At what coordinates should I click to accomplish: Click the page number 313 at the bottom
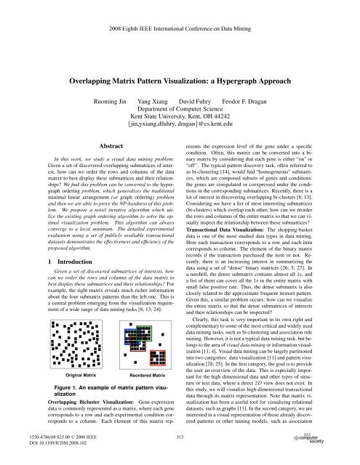180,448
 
